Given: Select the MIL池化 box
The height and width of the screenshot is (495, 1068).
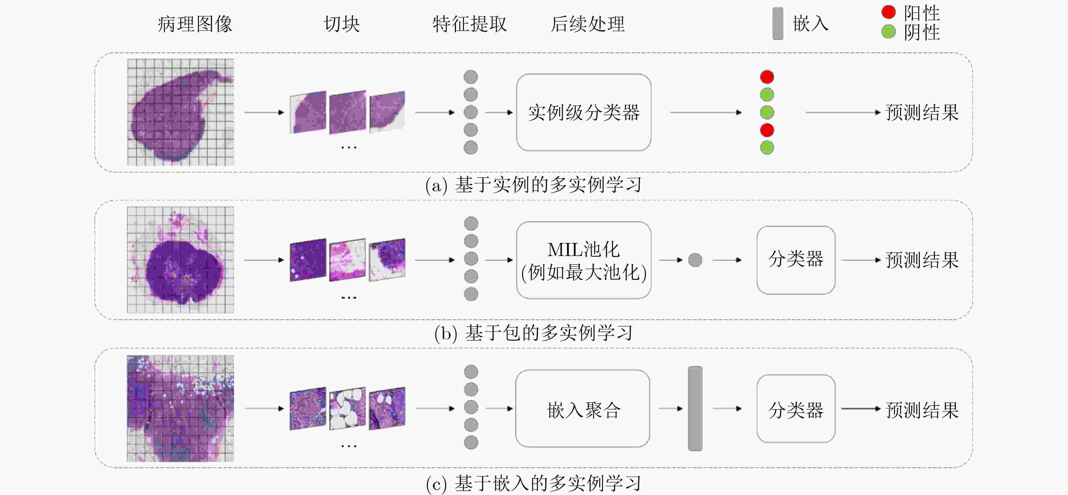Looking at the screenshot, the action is tap(583, 260).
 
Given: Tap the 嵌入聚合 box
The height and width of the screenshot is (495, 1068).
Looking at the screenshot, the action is tap(583, 409).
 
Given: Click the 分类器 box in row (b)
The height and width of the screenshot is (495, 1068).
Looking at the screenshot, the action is tap(796, 260).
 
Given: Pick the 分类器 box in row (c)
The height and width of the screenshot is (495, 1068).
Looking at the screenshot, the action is tap(796, 409).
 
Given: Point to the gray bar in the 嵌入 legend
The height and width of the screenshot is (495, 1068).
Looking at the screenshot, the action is tap(778, 24).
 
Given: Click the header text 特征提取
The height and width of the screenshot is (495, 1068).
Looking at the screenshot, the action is tap(470, 24).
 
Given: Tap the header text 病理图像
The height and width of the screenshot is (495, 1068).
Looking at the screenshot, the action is tap(195, 24).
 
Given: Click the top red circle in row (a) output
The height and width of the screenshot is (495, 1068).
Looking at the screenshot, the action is tap(767, 77).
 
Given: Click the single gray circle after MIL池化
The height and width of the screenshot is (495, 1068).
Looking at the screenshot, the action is tap(695, 260).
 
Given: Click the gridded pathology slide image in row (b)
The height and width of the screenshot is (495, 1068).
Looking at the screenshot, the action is tap(180, 260).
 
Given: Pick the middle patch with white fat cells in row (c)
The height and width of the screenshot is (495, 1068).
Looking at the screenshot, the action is tap(348, 408).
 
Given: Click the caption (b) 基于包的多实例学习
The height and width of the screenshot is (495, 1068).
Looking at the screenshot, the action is tap(534, 333).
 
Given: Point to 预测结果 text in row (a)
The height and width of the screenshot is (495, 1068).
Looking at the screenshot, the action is tap(922, 113).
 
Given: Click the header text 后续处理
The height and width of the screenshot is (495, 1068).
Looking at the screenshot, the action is tap(587, 24).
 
